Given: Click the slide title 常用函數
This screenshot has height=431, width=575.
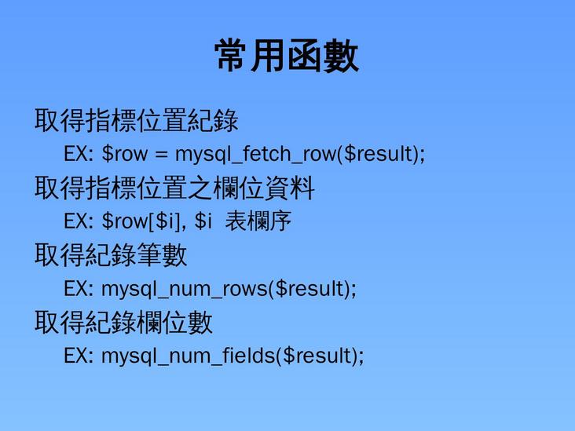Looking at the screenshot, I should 287,57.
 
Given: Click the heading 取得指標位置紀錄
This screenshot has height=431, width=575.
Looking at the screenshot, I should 136,121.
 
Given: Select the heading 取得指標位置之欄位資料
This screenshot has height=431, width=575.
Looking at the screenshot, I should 174,188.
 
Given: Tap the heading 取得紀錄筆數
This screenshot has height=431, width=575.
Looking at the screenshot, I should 111,255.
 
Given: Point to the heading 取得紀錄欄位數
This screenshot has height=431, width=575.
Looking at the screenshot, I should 123,323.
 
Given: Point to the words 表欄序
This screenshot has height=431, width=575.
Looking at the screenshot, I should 258,221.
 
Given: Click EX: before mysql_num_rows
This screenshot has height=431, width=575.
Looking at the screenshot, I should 79,289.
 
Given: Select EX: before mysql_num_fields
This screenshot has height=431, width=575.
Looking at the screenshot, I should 79,356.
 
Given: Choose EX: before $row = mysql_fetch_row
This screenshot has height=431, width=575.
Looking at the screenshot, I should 79,154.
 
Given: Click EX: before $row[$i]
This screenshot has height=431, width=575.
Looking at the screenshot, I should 79,222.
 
